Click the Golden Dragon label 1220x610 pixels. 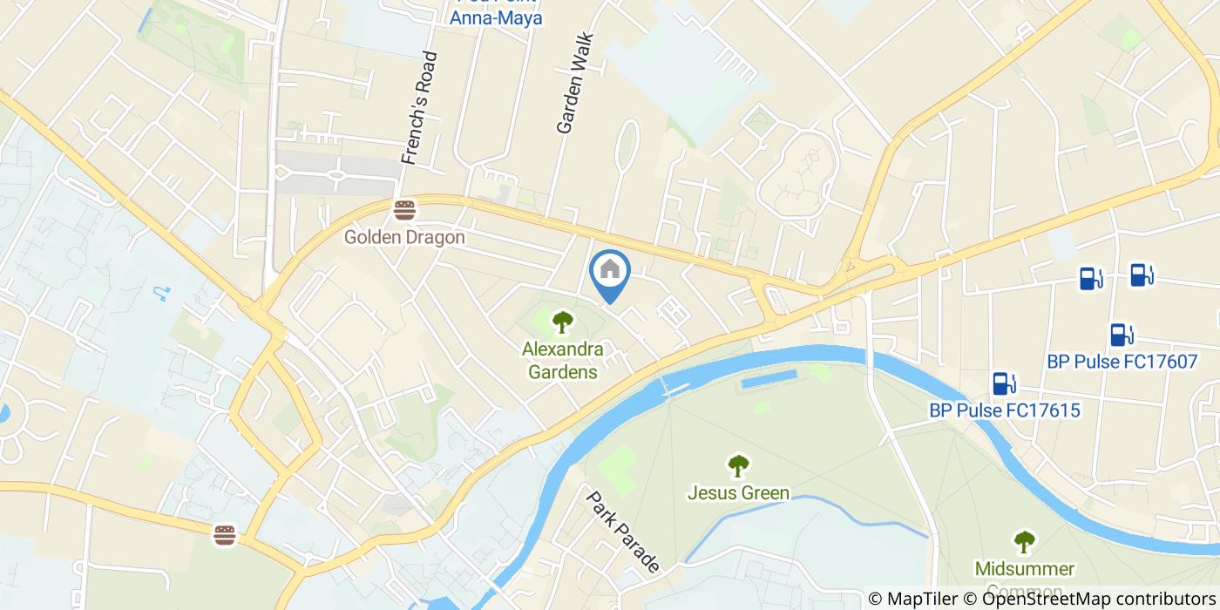point(403,237)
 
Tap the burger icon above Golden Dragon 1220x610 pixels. point(403,210)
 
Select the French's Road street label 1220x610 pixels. point(419,108)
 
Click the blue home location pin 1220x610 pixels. point(610,274)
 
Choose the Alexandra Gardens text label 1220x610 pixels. point(563,361)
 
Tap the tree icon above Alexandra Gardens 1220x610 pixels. point(563,322)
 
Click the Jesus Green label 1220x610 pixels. point(738,493)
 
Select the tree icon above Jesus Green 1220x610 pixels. point(738,465)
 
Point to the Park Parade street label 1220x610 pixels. point(622,532)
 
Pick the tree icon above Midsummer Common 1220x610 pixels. point(1024,542)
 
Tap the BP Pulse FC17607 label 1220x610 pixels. point(1122,362)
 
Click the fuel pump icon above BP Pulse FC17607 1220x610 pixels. point(1122,335)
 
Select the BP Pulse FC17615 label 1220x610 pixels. point(1004,410)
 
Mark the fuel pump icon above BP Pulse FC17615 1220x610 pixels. point(1003,383)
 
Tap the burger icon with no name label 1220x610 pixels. point(225,535)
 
